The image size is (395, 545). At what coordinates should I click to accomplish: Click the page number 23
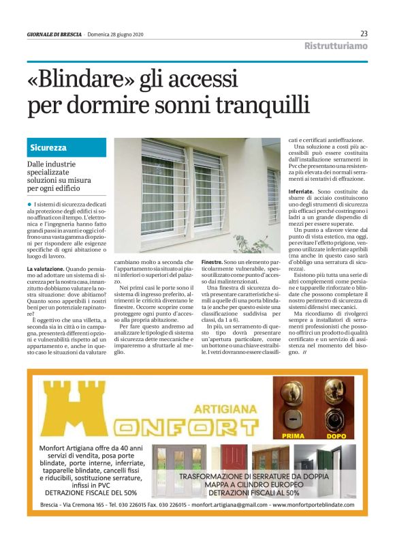(364, 34)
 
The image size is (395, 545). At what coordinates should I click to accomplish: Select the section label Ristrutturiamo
(336, 46)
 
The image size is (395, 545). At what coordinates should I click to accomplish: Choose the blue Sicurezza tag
(48, 147)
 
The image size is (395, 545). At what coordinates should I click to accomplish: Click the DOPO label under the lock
(335, 434)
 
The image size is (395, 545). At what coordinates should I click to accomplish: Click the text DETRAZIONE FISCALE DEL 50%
(91, 491)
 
